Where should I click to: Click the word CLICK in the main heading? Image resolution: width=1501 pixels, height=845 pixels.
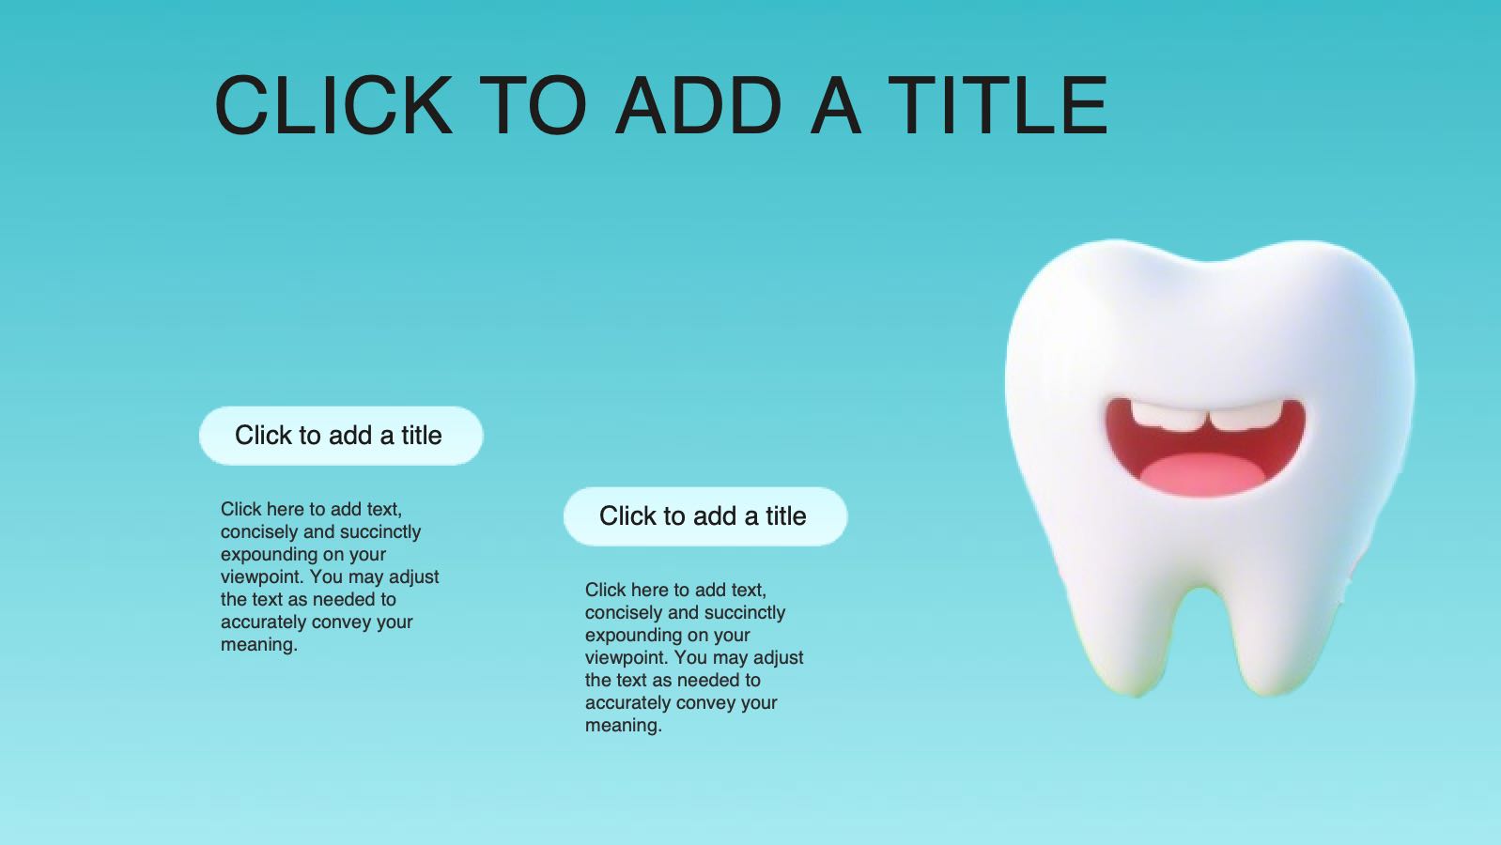[x=333, y=105]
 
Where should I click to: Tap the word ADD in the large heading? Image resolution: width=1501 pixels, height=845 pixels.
[x=699, y=105]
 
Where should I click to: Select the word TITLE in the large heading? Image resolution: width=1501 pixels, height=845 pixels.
[x=998, y=105]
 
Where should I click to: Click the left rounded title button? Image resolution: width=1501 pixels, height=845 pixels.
[x=340, y=436]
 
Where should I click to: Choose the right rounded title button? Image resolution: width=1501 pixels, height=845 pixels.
[x=704, y=516]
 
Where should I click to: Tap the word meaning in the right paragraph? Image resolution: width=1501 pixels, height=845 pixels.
[x=623, y=725]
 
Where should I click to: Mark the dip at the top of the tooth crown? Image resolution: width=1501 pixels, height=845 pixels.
[x=1210, y=260]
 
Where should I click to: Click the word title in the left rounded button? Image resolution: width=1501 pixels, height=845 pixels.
[x=422, y=436]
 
